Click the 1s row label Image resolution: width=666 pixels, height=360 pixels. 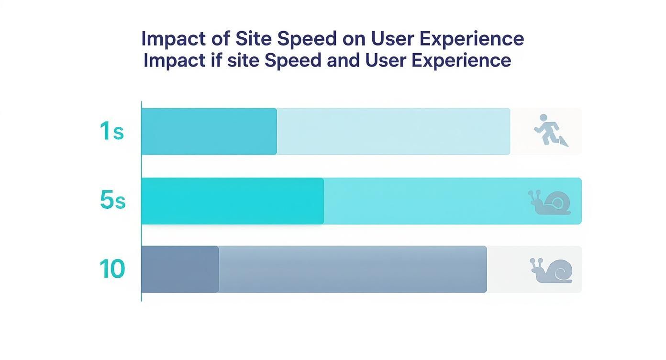click(x=112, y=131)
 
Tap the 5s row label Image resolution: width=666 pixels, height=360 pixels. click(x=112, y=201)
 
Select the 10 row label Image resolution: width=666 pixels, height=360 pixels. click(x=112, y=269)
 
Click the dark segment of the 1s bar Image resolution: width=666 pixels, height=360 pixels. click(x=209, y=131)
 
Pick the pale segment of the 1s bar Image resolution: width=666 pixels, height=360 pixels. click(x=393, y=131)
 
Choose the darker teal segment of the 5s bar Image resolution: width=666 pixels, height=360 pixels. click(x=233, y=201)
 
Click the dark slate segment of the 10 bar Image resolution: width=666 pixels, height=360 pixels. click(x=180, y=269)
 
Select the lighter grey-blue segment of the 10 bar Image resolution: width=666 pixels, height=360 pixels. click(x=353, y=269)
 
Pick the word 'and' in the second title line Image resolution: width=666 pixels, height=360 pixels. click(x=343, y=61)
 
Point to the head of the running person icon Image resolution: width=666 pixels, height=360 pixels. click(x=543, y=117)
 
